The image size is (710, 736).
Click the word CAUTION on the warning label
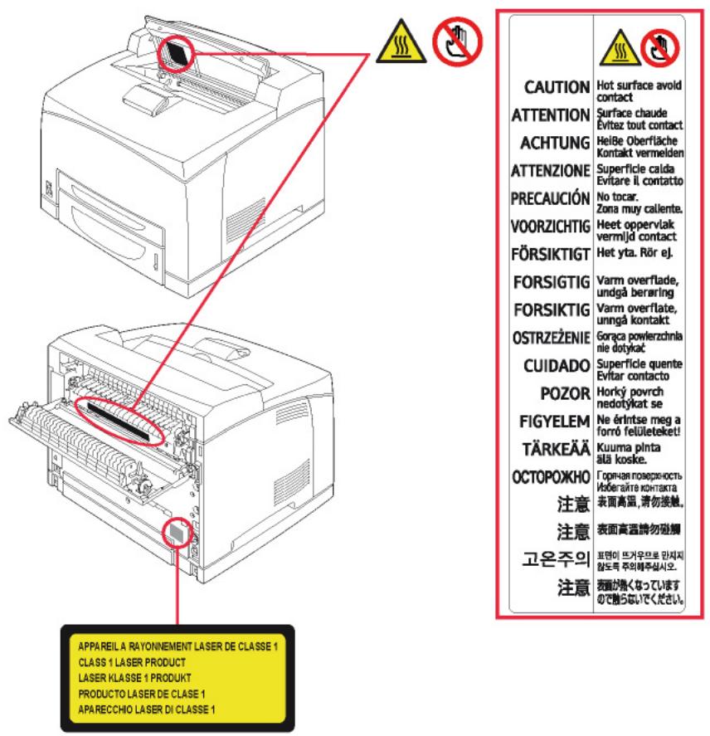tap(557, 87)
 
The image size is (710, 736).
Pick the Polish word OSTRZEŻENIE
tap(550, 338)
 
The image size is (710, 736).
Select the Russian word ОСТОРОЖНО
tap(550, 478)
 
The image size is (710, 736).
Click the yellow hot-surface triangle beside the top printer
tap(395, 46)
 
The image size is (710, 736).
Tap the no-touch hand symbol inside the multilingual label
tap(660, 46)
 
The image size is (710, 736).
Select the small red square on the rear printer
tap(176, 533)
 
